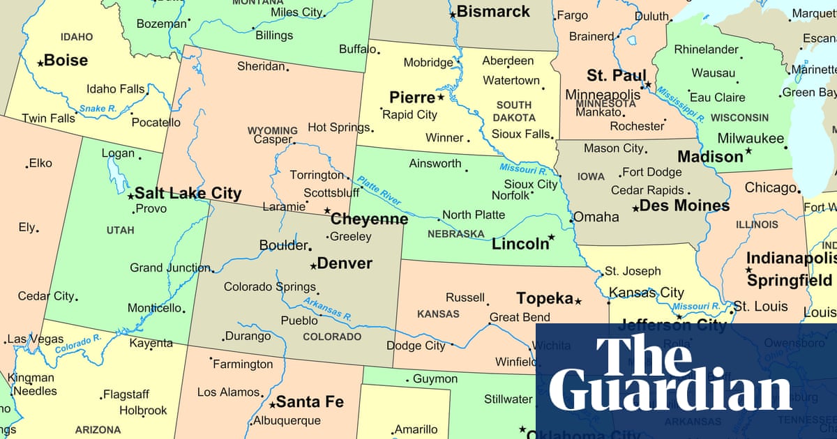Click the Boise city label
(x=66, y=60)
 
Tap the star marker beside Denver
(x=313, y=265)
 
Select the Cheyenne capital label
(x=369, y=219)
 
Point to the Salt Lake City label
(x=188, y=194)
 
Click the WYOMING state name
(x=272, y=130)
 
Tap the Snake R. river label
(x=98, y=108)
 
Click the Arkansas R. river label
(x=327, y=309)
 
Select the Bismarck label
(x=493, y=12)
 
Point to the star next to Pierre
(x=441, y=97)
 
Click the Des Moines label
(x=684, y=206)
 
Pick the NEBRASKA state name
(x=455, y=233)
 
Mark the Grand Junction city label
(x=169, y=268)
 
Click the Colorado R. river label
(x=78, y=342)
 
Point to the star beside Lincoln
(x=551, y=238)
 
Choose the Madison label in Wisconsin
(x=710, y=157)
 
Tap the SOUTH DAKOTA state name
(x=515, y=111)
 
